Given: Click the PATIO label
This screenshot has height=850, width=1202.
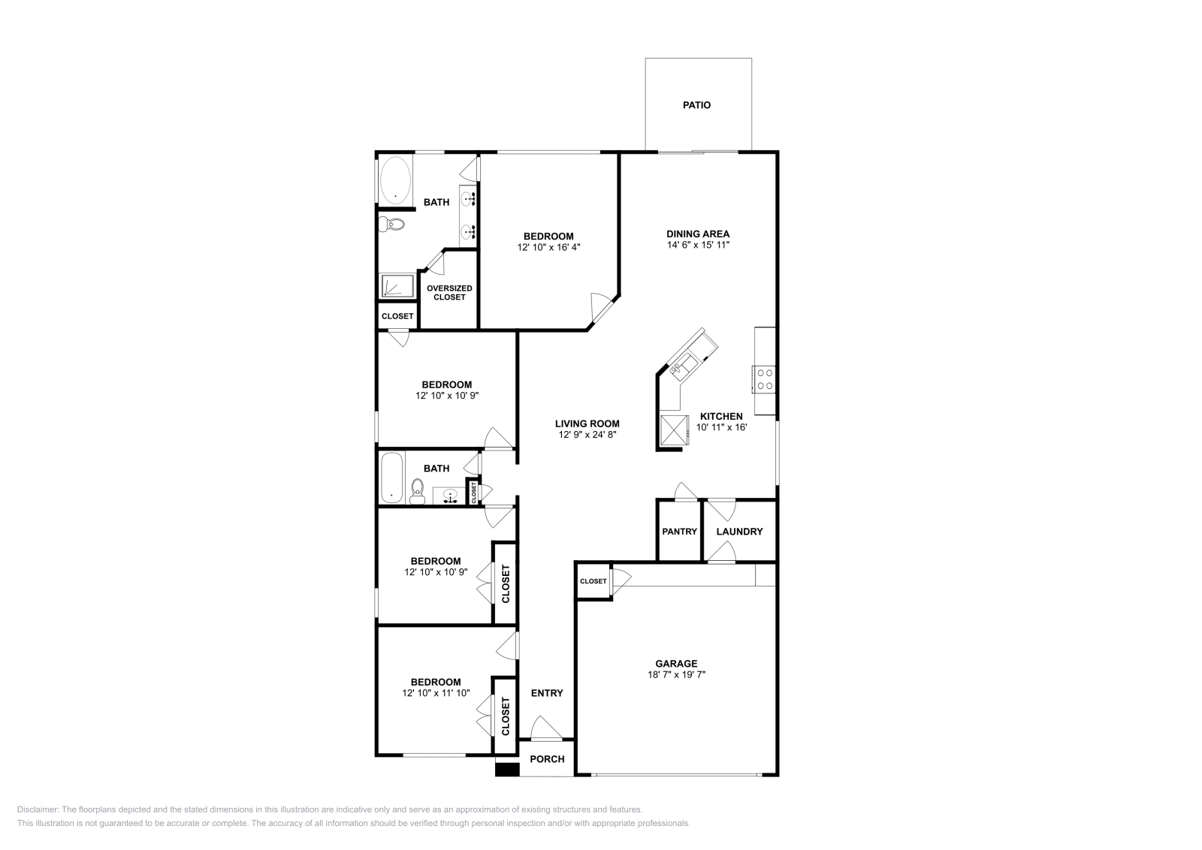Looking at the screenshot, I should tap(696, 105).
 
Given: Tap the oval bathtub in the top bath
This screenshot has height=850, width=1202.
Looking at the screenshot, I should tap(395, 180).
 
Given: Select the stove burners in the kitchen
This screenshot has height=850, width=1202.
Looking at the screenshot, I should tap(765, 378).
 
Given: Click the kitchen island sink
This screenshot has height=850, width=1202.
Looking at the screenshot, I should tap(684, 366).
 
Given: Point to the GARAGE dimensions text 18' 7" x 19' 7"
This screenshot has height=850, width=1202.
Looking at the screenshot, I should tap(676, 674).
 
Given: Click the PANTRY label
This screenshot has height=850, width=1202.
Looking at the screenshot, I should tap(679, 532).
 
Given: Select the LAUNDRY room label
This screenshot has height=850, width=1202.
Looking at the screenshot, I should tap(739, 532).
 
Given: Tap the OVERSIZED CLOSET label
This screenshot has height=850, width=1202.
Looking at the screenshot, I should tap(449, 292).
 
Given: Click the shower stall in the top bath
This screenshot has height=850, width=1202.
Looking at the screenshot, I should tap(396, 286).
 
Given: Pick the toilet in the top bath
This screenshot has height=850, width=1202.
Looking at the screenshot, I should tap(392, 224).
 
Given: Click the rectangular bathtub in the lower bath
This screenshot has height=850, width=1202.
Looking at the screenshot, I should tap(391, 478).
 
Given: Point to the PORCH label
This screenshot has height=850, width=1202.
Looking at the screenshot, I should tap(547, 759).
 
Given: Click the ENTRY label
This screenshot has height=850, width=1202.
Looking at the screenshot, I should tap(547, 693).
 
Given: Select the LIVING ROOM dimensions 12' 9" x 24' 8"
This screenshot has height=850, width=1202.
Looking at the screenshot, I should tap(587, 435).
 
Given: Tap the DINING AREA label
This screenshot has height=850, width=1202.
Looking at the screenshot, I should tap(698, 234).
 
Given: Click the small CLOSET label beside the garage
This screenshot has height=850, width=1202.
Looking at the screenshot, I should tap(593, 581).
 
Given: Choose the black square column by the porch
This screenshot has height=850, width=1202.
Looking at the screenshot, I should tap(506, 769).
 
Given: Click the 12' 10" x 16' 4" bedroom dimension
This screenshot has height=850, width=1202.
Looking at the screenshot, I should tap(548, 247).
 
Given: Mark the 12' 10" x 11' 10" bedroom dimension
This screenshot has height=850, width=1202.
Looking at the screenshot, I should tap(436, 693).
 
